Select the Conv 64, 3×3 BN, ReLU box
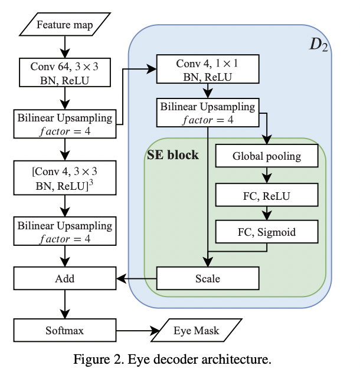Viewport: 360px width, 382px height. point(65,74)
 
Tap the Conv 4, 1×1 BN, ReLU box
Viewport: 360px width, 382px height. point(207,68)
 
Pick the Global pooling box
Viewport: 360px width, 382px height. point(267,157)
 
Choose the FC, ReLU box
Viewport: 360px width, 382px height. point(267,194)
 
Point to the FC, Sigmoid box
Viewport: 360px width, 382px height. point(267,232)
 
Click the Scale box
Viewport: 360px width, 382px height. point(207,278)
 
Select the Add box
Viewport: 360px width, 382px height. point(65,278)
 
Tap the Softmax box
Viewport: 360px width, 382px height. point(65,330)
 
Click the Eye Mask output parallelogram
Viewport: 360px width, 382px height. point(197,330)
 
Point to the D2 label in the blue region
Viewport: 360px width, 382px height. point(319,45)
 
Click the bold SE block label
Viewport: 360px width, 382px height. point(173,156)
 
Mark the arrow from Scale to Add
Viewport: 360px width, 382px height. point(136,278)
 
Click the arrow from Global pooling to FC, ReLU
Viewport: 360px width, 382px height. point(267,175)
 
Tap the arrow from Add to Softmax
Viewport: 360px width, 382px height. point(65,304)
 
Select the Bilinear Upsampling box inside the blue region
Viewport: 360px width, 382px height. point(207,113)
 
